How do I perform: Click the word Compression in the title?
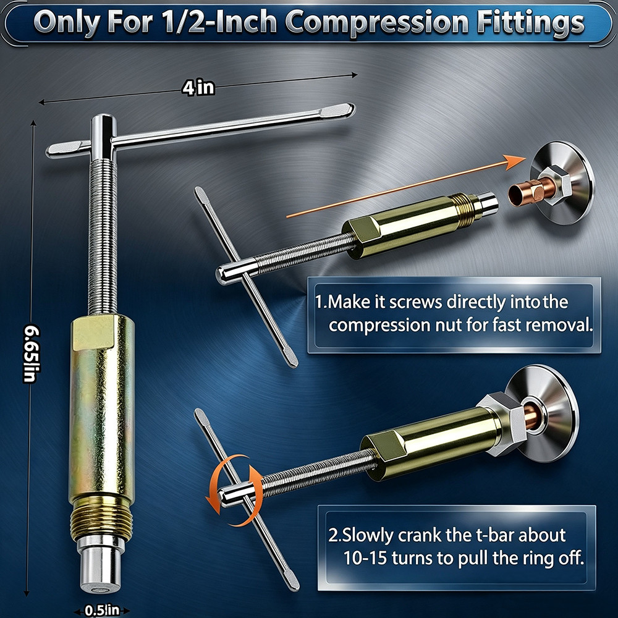tap(376, 23)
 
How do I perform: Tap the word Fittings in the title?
tap(530, 23)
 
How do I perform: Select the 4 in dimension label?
tap(198, 88)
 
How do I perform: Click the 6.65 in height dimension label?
tap(31, 353)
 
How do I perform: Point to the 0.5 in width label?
tap(102, 611)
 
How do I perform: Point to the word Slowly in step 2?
tap(366, 535)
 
